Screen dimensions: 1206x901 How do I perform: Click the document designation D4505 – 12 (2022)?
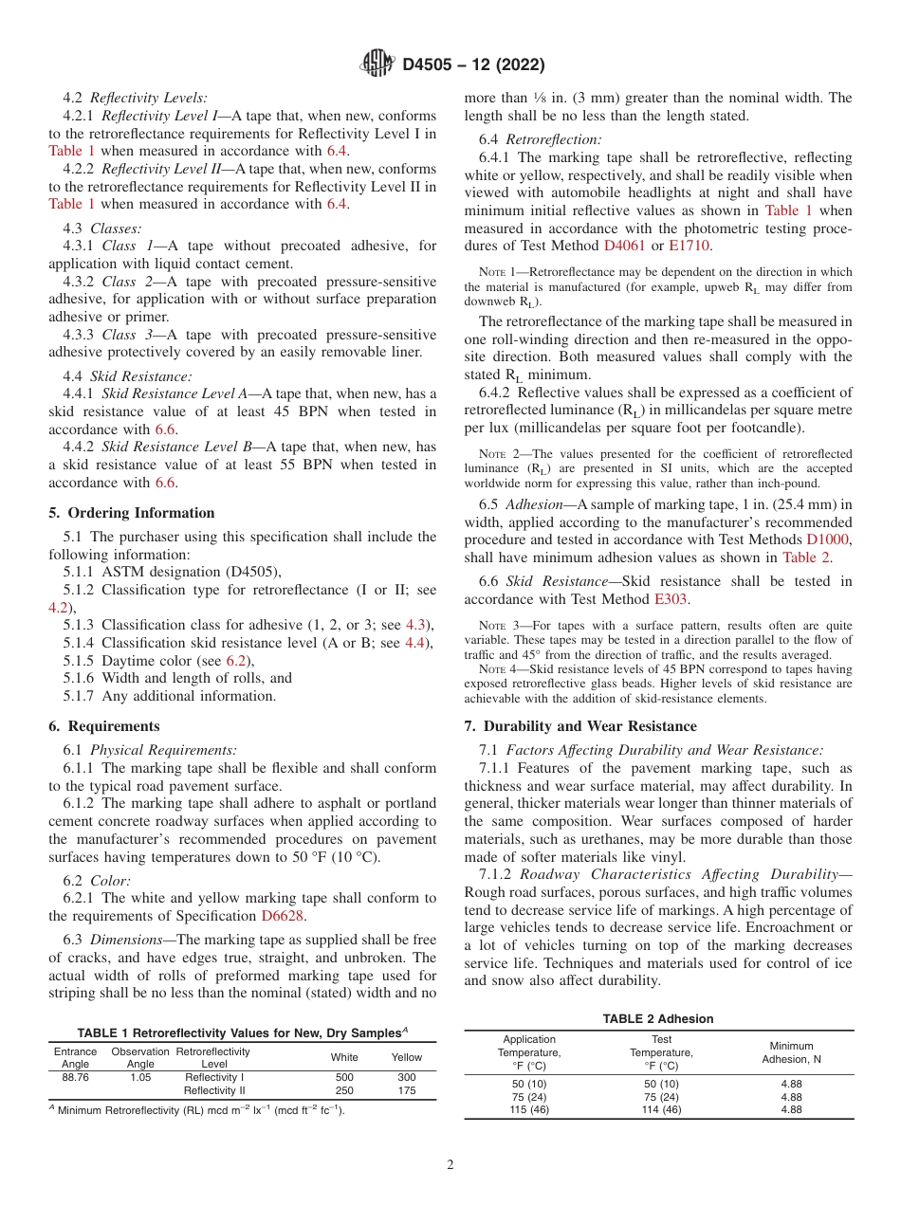pyautogui.click(x=473, y=65)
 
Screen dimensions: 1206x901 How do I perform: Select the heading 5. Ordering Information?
pyautogui.click(x=132, y=513)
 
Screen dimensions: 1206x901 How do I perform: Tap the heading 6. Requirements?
pyautogui.click(x=104, y=726)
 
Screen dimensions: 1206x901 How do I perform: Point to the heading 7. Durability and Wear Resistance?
pyautogui.click(x=580, y=726)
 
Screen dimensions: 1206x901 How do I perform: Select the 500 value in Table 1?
pyautogui.click(x=344, y=1078)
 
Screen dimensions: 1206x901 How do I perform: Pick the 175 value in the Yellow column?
pyautogui.click(x=407, y=1091)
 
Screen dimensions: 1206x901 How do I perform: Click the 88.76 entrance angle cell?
pyautogui.click(x=75, y=1078)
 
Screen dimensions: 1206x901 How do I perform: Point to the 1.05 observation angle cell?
pyautogui.click(x=140, y=1078)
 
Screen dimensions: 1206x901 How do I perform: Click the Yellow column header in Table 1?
pyautogui.click(x=407, y=1057)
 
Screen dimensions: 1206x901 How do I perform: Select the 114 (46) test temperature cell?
pyautogui.click(x=661, y=1110)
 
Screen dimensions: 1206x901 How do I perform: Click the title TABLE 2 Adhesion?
pyautogui.click(x=658, y=1019)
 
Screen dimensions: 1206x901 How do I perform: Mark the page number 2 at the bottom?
pyautogui.click(x=450, y=1165)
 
